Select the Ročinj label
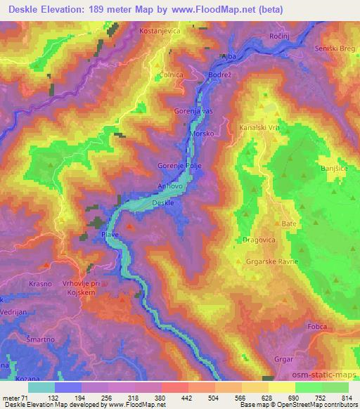pos(279,35)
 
